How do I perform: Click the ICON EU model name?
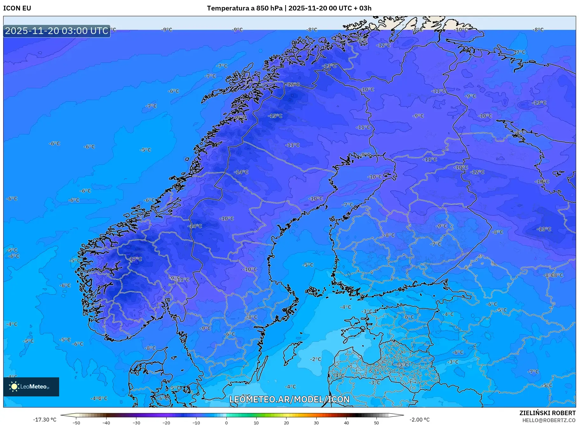pos(17,8)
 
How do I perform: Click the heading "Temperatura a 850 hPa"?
pos(245,8)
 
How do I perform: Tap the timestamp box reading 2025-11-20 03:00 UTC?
pos(57,31)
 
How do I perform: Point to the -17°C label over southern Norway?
pos(136,259)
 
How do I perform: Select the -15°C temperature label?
pos(275,116)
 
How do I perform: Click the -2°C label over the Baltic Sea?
pos(316,359)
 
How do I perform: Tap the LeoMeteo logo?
pos(31,387)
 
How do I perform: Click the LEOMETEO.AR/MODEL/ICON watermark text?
pos(289,399)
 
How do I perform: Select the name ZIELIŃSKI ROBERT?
pos(547,413)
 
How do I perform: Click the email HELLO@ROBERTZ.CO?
pos(548,420)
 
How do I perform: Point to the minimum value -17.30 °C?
pos(45,420)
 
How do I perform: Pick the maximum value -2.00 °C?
pos(419,420)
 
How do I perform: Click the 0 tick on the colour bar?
pos(226,423)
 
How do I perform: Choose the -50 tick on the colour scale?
pos(76,423)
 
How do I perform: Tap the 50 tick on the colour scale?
pos(376,423)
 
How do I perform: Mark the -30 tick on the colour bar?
pos(136,423)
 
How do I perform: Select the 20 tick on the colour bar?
pos(286,423)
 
